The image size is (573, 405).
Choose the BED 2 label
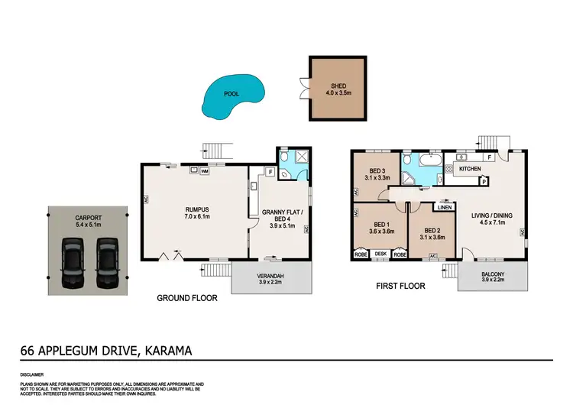[432, 230]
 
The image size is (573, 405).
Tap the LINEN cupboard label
[444, 206]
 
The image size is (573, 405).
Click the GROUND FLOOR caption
[186, 298]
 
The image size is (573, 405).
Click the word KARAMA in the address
[166, 351]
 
